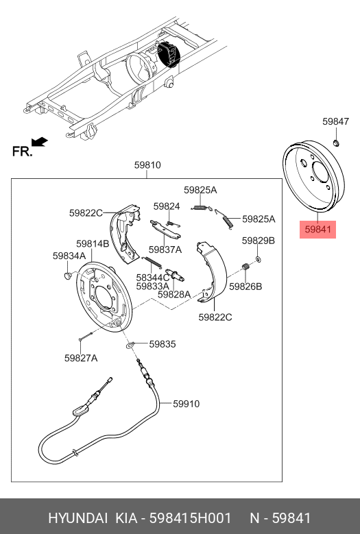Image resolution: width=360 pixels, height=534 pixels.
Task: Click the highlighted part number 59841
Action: (317, 229)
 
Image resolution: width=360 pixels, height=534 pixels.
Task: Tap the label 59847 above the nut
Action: (336, 121)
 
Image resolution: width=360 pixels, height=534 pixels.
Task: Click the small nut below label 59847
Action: (336, 143)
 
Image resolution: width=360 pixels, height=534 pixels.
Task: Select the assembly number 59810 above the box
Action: (147, 165)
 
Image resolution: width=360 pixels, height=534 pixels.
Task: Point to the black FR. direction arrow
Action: (40, 142)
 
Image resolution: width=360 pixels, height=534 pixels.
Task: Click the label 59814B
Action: (93, 244)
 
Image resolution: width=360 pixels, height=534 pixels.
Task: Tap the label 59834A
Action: (69, 256)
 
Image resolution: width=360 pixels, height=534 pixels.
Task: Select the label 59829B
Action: (258, 241)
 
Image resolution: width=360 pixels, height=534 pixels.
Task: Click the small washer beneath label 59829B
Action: (258, 260)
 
